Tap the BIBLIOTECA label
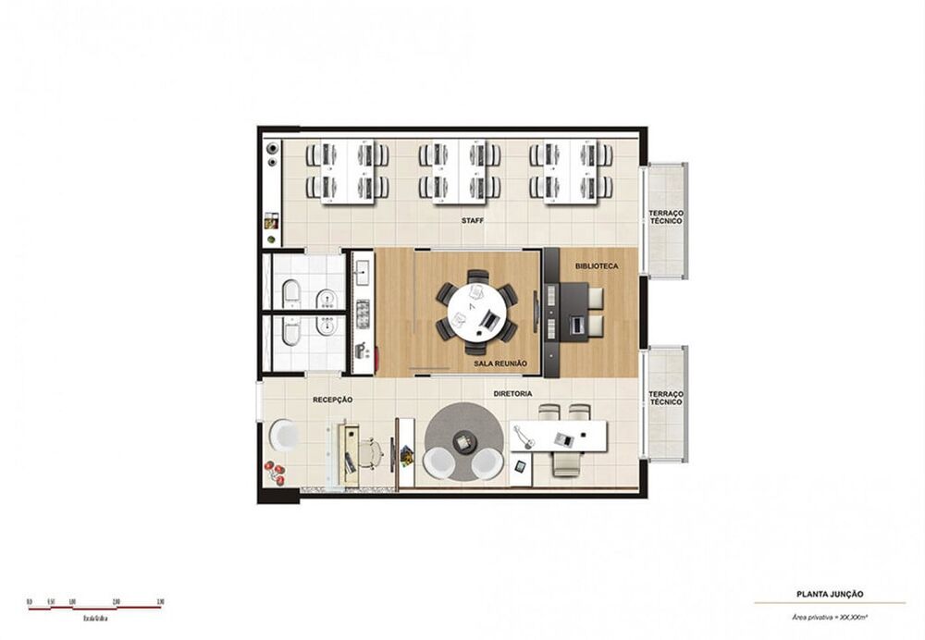(x=596, y=266)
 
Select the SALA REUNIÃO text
(x=499, y=364)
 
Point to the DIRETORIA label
(x=512, y=394)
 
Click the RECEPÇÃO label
(x=333, y=400)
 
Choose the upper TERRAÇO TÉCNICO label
(x=665, y=218)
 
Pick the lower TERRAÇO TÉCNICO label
(x=665, y=398)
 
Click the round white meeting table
(x=476, y=312)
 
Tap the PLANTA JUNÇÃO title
(x=829, y=595)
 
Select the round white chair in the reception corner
(x=284, y=436)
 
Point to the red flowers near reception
(x=274, y=472)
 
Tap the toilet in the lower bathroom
(x=290, y=333)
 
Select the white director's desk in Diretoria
(x=559, y=435)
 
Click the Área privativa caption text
(x=829, y=615)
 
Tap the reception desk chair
(x=370, y=452)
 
